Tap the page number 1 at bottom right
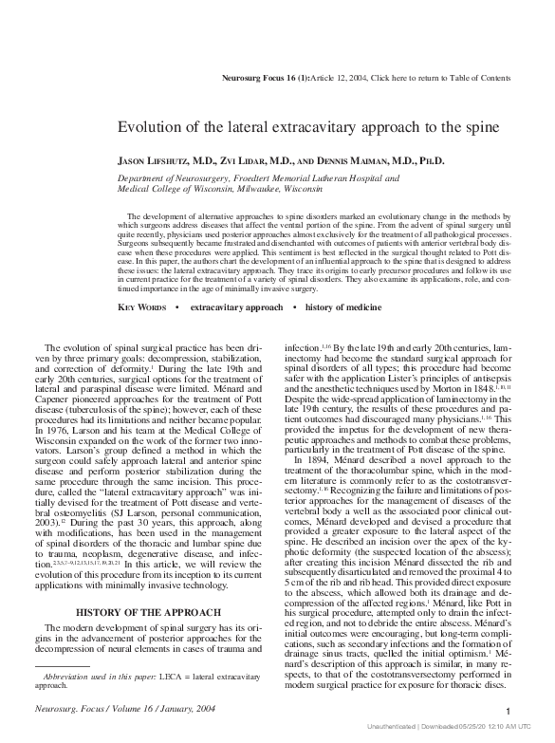point(509,714)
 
